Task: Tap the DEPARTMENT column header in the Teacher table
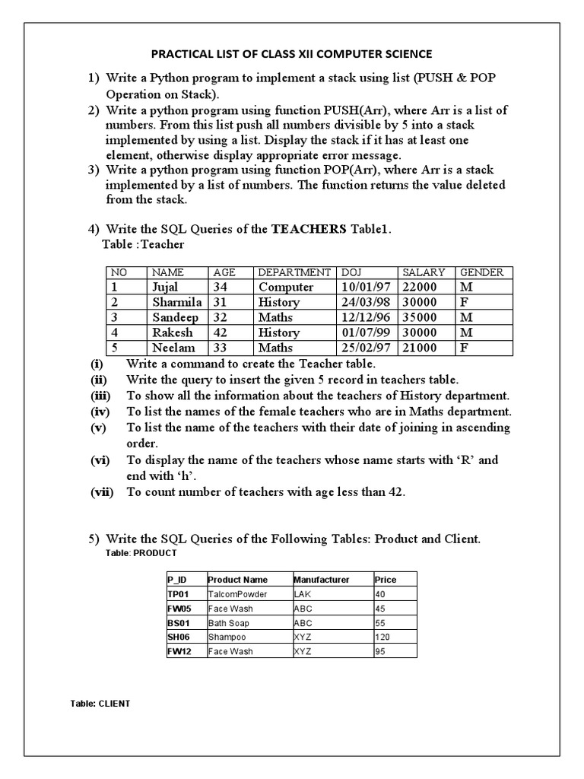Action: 294,272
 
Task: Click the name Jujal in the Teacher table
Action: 165,287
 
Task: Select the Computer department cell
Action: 286,287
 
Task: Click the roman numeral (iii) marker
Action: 101,396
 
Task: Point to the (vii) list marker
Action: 102,492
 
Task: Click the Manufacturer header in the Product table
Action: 322,580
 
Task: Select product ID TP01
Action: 179,594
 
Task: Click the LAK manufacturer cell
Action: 302,594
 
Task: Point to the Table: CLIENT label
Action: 100,704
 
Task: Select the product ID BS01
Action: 179,623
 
